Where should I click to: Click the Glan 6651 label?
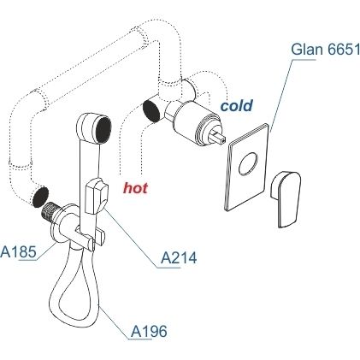click(325, 49)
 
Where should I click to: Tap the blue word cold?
click(237, 106)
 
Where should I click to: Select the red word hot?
click(135, 188)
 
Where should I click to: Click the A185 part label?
click(18, 252)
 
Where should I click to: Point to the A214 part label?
click(179, 258)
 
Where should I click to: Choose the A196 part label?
click(149, 332)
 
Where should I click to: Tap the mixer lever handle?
click(286, 198)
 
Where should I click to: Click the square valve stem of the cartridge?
click(218, 137)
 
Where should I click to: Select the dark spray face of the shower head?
click(103, 129)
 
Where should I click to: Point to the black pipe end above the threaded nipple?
click(40, 197)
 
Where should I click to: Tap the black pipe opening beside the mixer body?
click(152, 111)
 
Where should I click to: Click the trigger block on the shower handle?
click(96, 196)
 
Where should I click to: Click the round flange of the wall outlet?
click(58, 225)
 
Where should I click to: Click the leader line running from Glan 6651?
click(280, 96)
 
